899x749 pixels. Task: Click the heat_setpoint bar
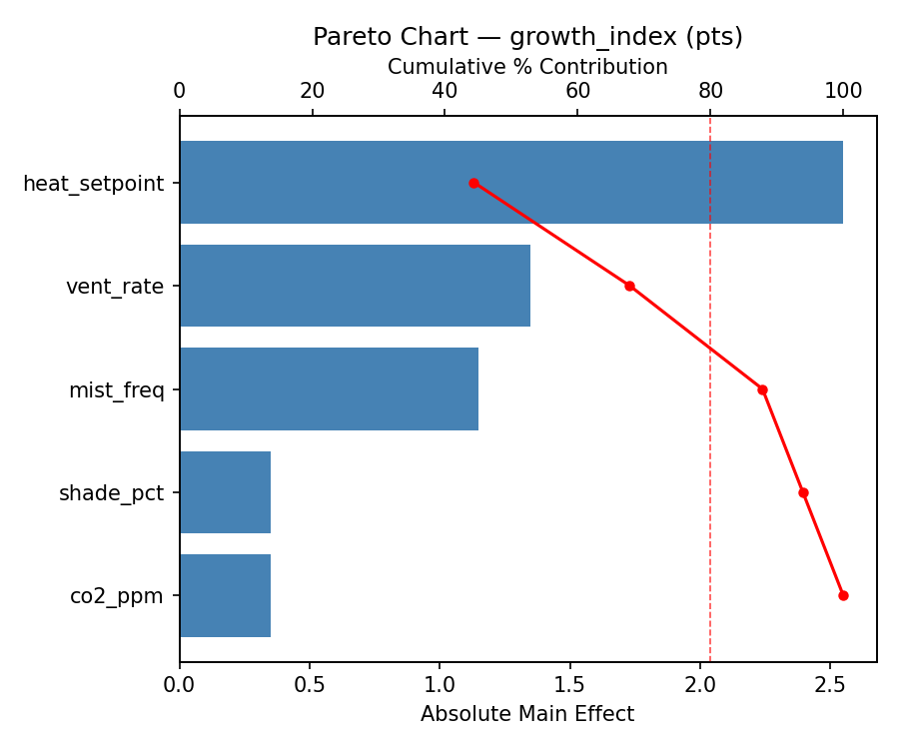[510, 183]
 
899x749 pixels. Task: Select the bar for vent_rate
[355, 286]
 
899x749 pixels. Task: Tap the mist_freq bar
[329, 389]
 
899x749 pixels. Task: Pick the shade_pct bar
[225, 492]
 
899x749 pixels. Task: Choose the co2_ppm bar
[225, 595]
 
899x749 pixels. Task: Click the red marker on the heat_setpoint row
[473, 183]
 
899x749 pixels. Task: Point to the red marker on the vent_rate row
[629, 286]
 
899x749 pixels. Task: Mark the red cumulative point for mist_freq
[762, 389]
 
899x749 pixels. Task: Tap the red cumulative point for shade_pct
[803, 492]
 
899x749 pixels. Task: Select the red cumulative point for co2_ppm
[843, 595]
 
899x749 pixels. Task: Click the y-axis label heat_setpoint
[93, 184]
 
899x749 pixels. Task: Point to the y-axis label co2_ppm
[116, 596]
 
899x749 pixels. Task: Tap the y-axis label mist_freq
[116, 390]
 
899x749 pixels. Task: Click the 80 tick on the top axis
[710, 92]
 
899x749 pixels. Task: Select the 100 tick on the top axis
[843, 92]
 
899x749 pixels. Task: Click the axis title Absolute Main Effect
[527, 714]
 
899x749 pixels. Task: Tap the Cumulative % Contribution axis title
[527, 67]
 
